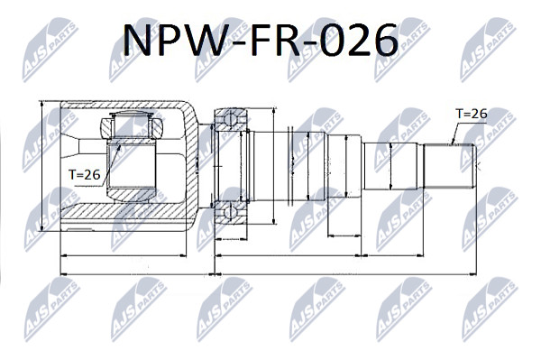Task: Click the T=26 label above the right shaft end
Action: tap(471, 113)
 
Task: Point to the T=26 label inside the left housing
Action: tap(84, 175)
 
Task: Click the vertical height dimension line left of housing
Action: tap(41, 166)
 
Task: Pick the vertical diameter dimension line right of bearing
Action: tap(273, 166)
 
